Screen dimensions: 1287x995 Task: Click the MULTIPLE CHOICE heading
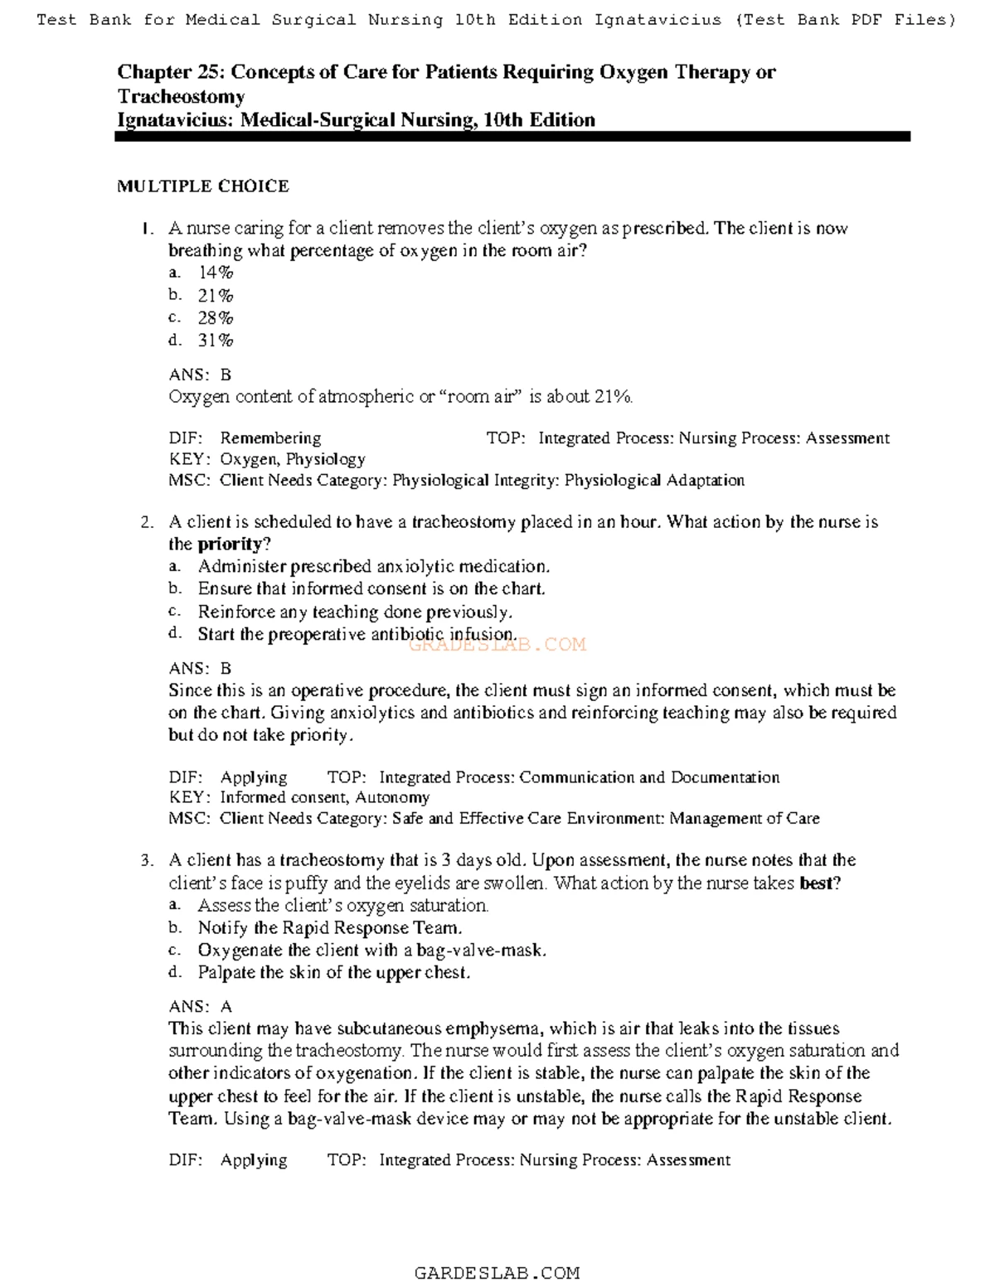(x=202, y=186)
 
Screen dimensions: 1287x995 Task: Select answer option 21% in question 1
(x=215, y=295)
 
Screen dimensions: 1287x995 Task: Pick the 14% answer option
(x=215, y=273)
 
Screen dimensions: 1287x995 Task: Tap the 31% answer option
(x=215, y=340)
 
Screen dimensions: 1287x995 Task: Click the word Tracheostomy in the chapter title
(x=181, y=96)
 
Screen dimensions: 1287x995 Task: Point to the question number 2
(x=147, y=522)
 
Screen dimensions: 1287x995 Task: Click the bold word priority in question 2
(x=230, y=544)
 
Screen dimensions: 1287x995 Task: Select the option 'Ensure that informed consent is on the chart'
(x=371, y=589)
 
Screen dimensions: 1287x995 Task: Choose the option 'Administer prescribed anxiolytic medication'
(x=373, y=567)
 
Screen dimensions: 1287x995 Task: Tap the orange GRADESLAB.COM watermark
(x=498, y=645)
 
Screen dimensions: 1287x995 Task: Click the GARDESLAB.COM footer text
(x=497, y=1273)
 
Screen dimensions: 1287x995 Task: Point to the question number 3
(x=147, y=860)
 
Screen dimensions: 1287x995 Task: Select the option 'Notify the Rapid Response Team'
(x=329, y=928)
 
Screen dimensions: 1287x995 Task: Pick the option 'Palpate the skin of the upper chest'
(x=333, y=973)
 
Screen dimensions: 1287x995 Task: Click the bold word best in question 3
(x=816, y=883)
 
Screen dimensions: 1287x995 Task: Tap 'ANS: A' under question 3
(x=200, y=1007)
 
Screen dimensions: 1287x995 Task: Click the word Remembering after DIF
(x=270, y=438)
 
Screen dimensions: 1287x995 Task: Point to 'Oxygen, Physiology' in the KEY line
(x=292, y=459)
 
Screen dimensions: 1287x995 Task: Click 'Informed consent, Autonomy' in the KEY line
(x=324, y=797)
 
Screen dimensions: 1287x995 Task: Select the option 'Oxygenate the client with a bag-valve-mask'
(x=371, y=951)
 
